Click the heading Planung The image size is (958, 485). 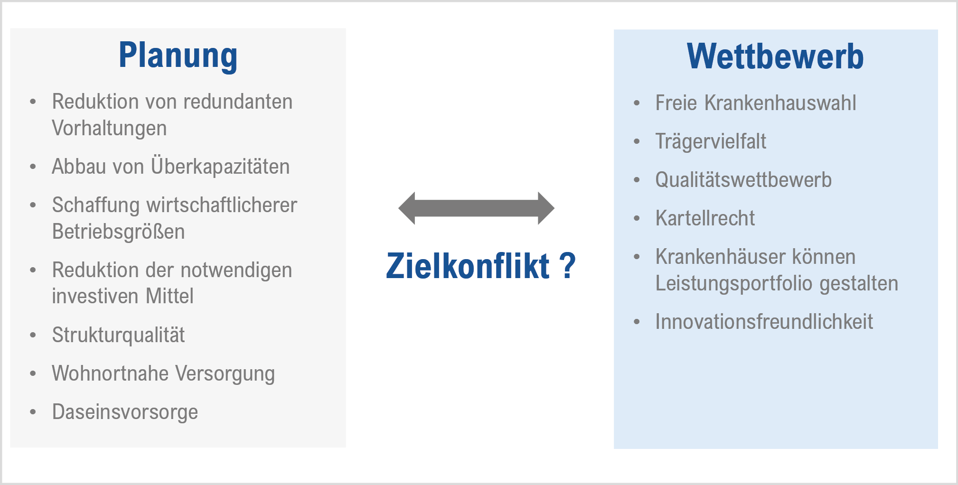tap(178, 56)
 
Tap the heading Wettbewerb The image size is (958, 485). tap(775, 56)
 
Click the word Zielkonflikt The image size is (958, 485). tap(468, 266)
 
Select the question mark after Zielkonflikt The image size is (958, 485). tap(567, 266)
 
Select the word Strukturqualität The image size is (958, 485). tap(118, 335)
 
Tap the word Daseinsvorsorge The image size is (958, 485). tap(125, 412)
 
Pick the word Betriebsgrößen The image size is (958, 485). tap(118, 232)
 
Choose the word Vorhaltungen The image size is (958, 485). tap(109, 128)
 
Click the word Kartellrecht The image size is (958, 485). tap(705, 218)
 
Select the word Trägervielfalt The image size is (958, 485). tap(711, 141)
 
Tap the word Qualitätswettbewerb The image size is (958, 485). tap(743, 179)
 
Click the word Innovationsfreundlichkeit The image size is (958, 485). tap(764, 321)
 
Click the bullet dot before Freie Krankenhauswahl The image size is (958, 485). tap(637, 103)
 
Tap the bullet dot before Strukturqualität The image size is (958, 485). tap(33, 335)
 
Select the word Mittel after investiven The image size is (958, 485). tap(169, 296)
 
